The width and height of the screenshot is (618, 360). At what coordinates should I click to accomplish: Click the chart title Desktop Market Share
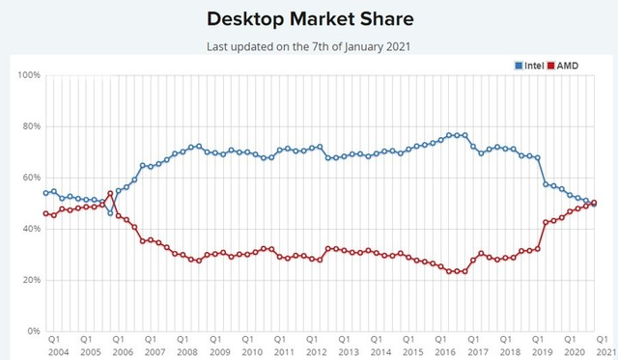coord(309,19)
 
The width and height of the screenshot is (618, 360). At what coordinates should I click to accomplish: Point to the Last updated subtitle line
coord(309,46)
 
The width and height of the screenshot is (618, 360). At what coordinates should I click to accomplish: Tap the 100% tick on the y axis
coord(28,75)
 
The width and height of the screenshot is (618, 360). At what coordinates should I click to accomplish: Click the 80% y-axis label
coord(30,126)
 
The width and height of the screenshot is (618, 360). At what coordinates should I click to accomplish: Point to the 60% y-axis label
coord(30,178)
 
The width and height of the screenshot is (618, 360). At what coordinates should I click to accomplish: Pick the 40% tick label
coord(30,229)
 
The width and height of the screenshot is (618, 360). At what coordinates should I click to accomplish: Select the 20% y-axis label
coord(30,280)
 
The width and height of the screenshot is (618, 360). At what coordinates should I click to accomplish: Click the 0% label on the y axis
coord(33,331)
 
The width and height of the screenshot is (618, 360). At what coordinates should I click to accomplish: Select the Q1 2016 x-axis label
coord(441,346)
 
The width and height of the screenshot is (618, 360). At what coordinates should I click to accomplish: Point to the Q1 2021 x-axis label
coord(601,346)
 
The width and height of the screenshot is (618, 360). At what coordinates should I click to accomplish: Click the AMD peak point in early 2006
coord(110,194)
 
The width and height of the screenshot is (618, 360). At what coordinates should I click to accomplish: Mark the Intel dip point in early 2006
coord(110,212)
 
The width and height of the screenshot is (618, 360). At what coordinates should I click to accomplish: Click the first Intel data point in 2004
coord(45,193)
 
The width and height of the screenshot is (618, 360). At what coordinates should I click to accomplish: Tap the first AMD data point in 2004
coord(45,213)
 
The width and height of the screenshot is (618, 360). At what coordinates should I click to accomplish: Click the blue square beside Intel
coord(519,65)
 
